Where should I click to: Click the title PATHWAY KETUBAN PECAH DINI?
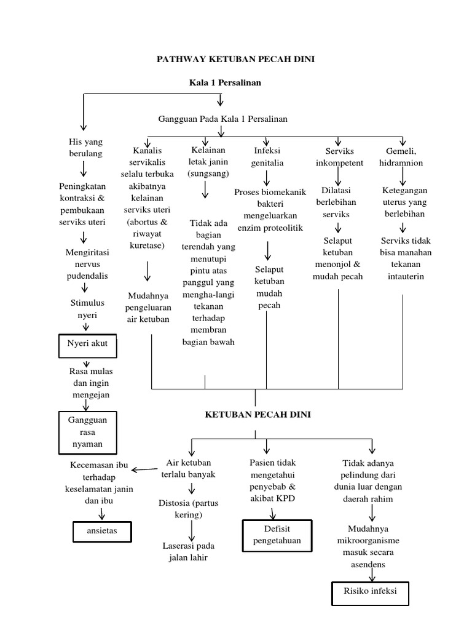236,60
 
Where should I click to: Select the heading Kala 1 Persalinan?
220,82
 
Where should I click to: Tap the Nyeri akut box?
87,344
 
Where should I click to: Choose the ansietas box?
102,530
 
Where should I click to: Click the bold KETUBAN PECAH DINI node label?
258,415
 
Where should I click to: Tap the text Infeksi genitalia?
268,157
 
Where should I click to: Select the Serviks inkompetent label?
339,157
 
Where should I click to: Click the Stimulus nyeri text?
87,309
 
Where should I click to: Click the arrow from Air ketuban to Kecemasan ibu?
144,469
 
